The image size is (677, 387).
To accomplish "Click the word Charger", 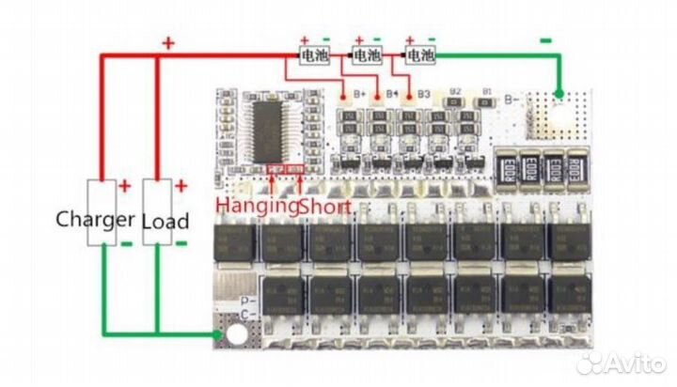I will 94,221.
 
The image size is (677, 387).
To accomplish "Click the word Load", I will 165,222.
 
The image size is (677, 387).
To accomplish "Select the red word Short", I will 327,205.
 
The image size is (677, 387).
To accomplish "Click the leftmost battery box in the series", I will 313,55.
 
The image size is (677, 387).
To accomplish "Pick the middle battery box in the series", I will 368,55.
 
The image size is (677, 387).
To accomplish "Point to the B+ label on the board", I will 358,94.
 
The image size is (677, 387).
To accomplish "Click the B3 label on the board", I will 423,94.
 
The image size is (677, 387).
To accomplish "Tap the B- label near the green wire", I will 513,97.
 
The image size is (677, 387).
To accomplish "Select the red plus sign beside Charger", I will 124,185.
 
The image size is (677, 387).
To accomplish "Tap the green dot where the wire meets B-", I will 559,95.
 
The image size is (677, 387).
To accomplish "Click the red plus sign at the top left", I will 169,42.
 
